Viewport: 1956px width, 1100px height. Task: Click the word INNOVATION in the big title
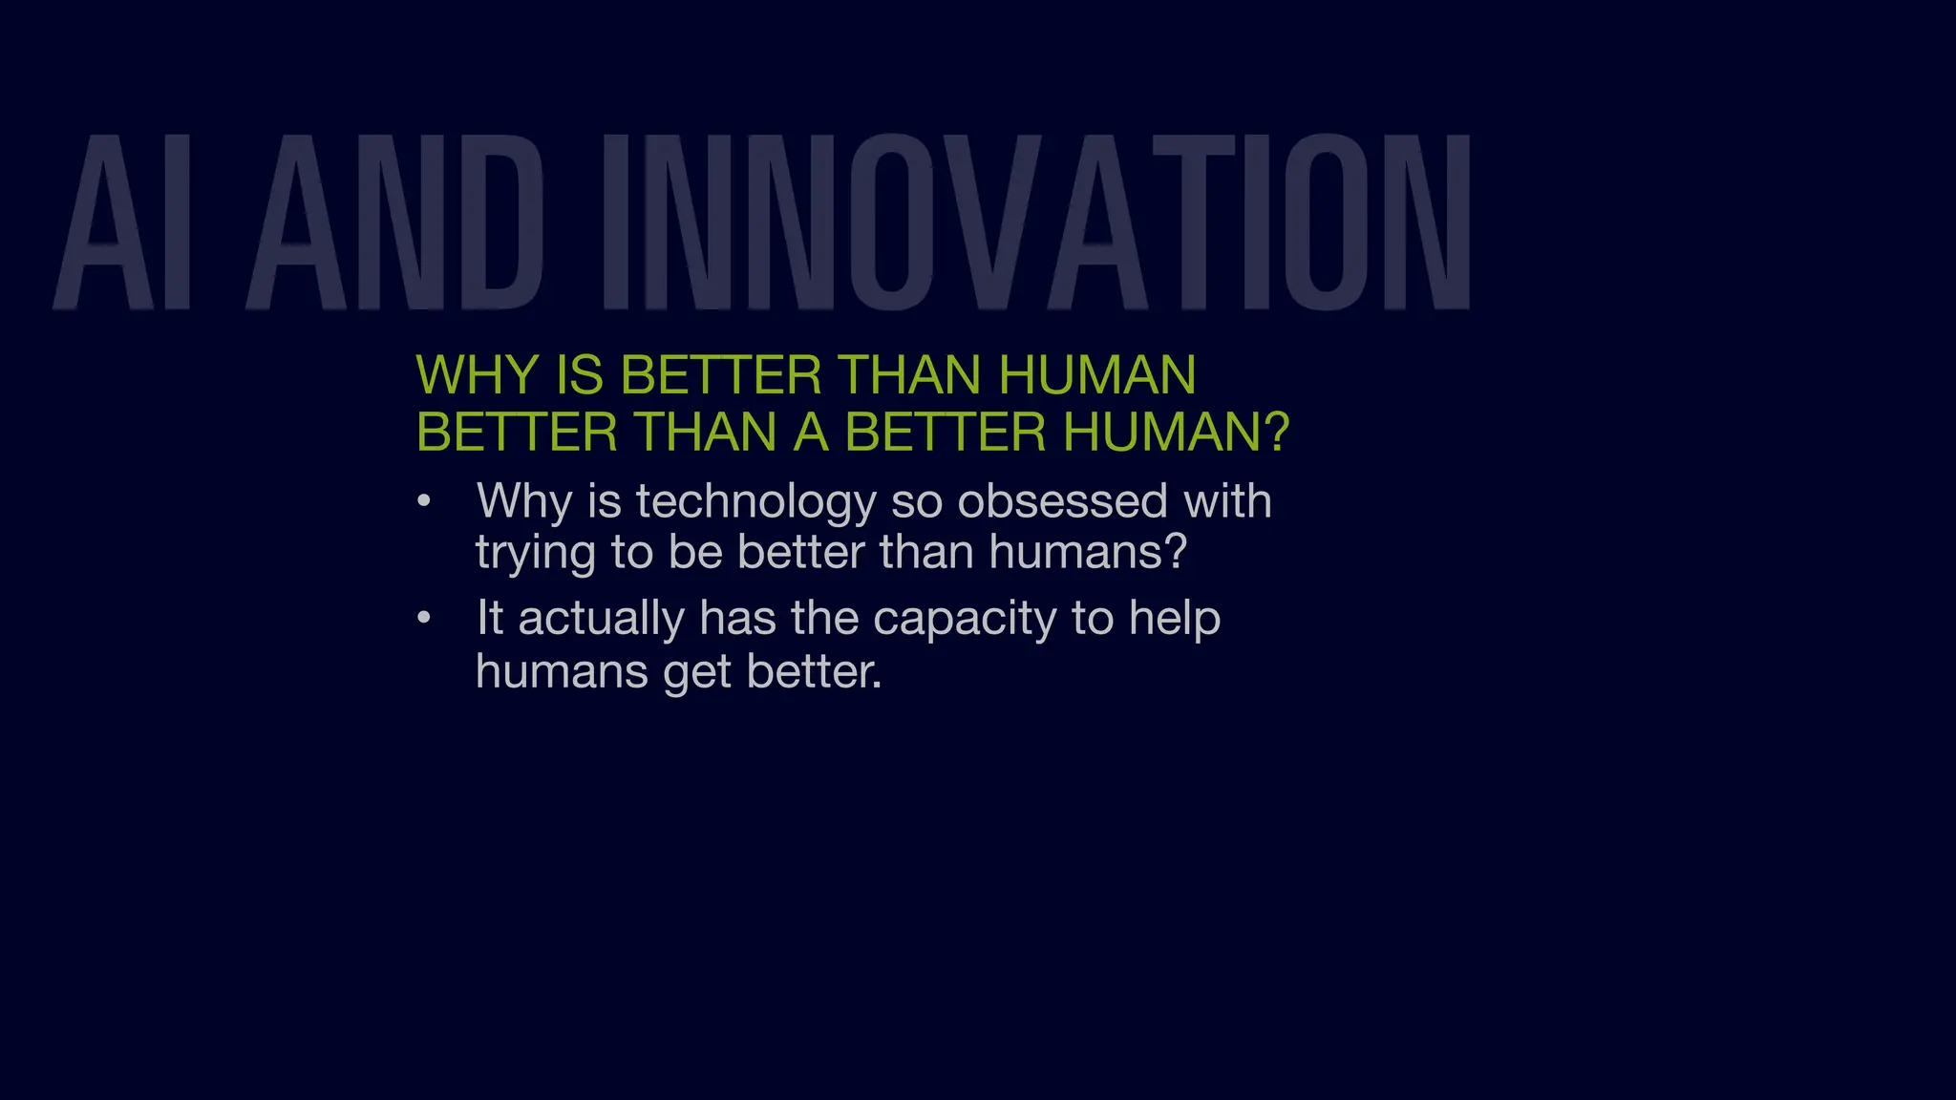pos(1036,222)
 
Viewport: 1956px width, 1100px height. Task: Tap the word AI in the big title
pos(123,222)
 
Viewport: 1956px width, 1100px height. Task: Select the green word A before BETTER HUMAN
pos(810,432)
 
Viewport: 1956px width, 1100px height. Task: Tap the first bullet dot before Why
pos(424,501)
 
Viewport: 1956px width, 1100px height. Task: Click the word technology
pos(755,502)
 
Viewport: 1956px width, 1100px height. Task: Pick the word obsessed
pos(1061,501)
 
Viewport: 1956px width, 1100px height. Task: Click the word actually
pos(601,619)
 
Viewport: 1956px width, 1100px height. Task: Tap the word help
pos(1174,619)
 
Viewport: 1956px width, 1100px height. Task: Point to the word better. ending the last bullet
pos(814,671)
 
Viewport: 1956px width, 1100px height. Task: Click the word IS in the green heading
pos(579,374)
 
